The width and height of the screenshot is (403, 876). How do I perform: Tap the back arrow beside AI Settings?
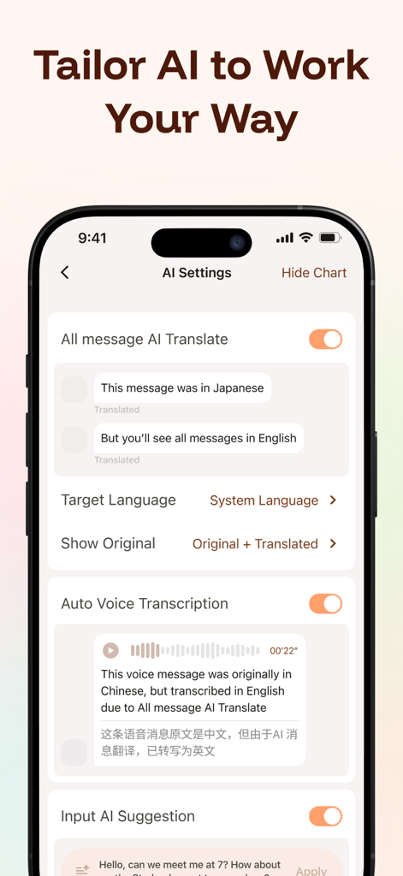pyautogui.click(x=65, y=272)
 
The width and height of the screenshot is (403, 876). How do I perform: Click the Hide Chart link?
pyautogui.click(x=314, y=273)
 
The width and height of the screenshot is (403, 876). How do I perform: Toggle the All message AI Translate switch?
pyautogui.click(x=325, y=340)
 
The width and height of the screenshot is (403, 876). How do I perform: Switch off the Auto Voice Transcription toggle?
pyautogui.click(x=325, y=604)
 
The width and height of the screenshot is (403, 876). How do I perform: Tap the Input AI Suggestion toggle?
pyautogui.click(x=325, y=817)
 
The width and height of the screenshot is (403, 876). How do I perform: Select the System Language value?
pyautogui.click(x=264, y=500)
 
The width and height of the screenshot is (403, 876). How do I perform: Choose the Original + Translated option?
pyautogui.click(x=255, y=544)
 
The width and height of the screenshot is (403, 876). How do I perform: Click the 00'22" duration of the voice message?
pyautogui.click(x=283, y=651)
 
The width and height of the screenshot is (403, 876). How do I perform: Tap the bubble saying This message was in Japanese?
pyautogui.click(x=182, y=388)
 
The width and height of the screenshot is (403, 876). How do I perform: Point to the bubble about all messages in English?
pyautogui.click(x=199, y=438)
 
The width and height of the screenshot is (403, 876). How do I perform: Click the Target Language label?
pyautogui.click(x=118, y=500)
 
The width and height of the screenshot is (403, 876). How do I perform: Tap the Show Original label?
pyautogui.click(x=108, y=544)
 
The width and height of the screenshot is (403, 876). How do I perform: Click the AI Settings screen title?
pyautogui.click(x=197, y=273)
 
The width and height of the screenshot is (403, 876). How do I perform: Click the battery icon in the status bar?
pyautogui.click(x=329, y=238)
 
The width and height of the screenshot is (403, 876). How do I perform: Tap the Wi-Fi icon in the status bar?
pyautogui.click(x=305, y=238)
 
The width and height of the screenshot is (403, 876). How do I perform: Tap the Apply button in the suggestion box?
pyautogui.click(x=311, y=870)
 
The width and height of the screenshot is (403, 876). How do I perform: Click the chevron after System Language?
pyautogui.click(x=333, y=500)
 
